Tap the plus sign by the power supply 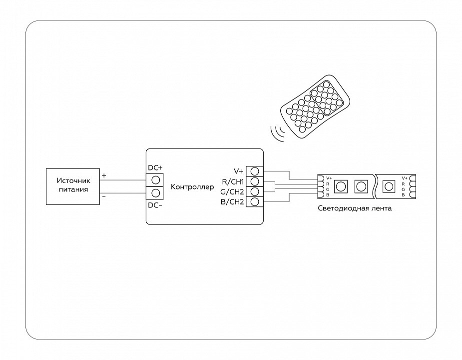pos(104,176)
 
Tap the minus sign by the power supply pos(104,197)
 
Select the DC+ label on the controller pos(155,168)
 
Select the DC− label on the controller pos(155,205)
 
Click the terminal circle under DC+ pos(155,179)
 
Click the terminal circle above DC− pos(155,193)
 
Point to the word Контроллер pos(192,187)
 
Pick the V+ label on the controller pos(238,170)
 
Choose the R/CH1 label pos(232,181)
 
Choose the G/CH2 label pos(232,191)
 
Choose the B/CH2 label pos(232,202)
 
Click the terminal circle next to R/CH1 pos(254,181)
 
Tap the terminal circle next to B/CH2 pos(254,202)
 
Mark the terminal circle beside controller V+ pos(254,170)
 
